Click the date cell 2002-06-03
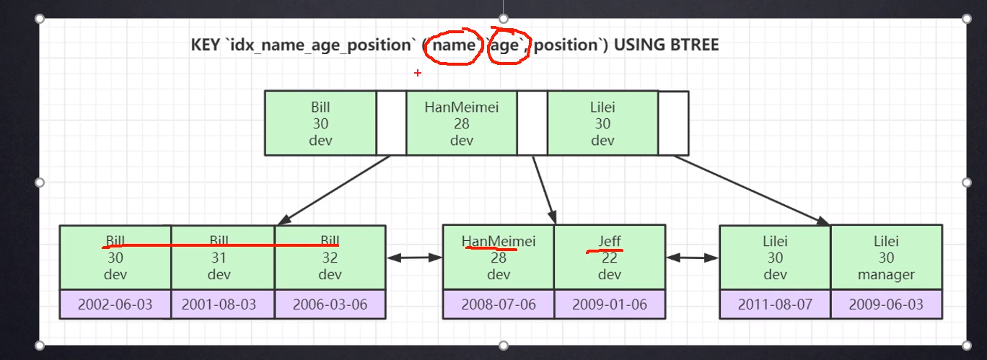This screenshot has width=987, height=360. coord(115,304)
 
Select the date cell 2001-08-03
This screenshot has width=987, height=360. coord(219,304)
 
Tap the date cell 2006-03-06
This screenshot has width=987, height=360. coord(330,304)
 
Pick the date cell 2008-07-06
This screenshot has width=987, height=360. coord(498,304)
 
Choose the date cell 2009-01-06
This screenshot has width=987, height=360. coord(609,304)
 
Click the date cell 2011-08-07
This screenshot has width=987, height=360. coord(775,304)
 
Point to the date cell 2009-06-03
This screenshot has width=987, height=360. coord(886,304)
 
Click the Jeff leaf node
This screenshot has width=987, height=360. coord(609,258)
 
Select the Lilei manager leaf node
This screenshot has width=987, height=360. coord(886,258)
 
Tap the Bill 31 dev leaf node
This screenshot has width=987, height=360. coord(219,258)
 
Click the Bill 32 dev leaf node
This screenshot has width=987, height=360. coord(330,258)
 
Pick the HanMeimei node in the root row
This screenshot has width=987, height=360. coord(462,123)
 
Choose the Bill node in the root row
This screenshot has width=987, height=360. coord(320,123)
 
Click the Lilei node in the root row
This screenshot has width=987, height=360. coord(602,123)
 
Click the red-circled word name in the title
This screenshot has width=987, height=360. coord(454,45)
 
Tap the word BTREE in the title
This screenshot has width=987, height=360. coord(693,45)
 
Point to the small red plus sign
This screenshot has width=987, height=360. coord(417,73)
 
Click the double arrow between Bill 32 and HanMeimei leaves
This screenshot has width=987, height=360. coord(414,257)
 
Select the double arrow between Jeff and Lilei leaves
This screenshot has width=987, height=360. coord(693,257)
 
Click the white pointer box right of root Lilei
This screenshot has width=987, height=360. coord(673,123)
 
